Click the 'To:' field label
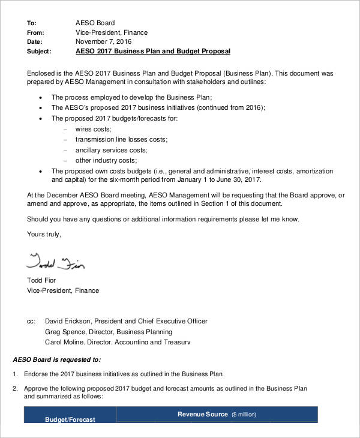point(32,23)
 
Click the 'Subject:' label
point(40,52)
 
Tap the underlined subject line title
point(152,52)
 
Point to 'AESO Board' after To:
point(94,23)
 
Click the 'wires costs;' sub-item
point(93,129)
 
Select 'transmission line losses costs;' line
point(121,139)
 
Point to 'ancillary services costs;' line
point(111,150)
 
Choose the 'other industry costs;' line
point(106,161)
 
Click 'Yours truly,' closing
point(44,233)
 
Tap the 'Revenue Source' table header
point(203,414)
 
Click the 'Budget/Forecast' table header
point(70,420)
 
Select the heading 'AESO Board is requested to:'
point(57,359)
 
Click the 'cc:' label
point(31,322)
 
